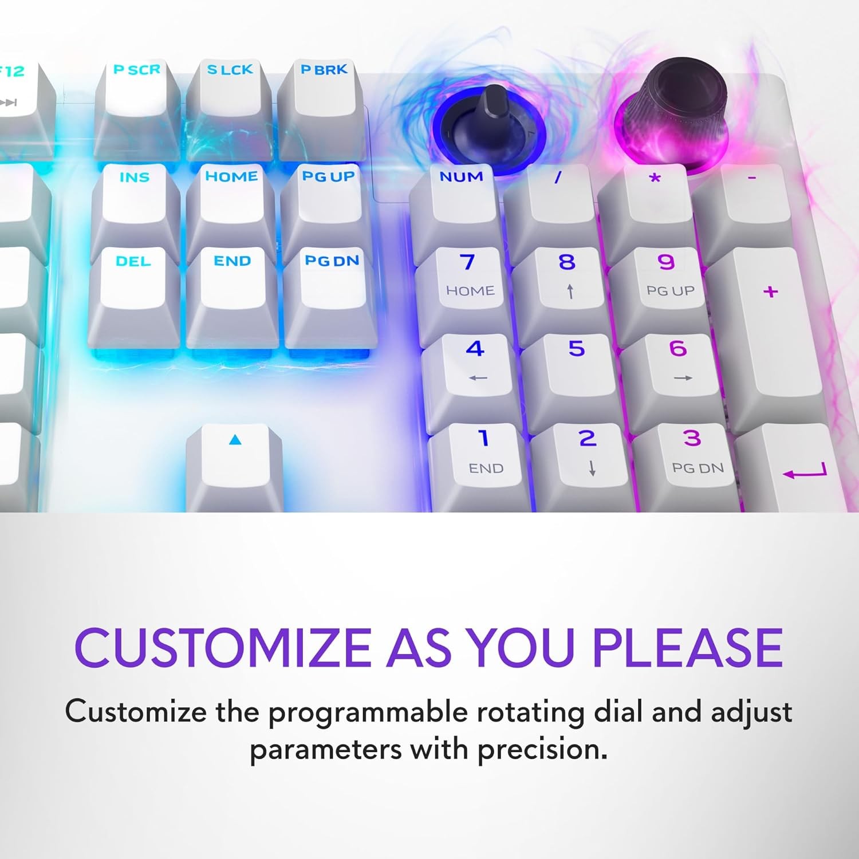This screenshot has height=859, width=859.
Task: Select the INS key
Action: point(135,209)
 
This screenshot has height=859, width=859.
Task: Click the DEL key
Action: point(134,295)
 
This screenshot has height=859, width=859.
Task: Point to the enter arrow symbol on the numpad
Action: point(805,472)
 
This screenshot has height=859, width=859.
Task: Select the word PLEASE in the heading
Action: point(687,648)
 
